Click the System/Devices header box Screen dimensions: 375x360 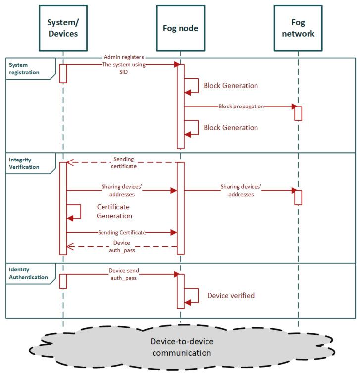(x=63, y=28)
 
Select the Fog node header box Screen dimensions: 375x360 (x=180, y=28)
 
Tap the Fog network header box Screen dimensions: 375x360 (x=298, y=28)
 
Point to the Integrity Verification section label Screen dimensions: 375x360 (x=24, y=163)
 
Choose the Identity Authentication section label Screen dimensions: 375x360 (x=28, y=274)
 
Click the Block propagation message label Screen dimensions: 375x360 (x=242, y=106)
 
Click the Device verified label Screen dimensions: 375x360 (x=231, y=295)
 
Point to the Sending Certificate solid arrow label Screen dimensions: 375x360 (x=122, y=232)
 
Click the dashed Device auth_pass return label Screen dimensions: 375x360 (x=122, y=246)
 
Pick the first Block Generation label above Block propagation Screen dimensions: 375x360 (x=231, y=85)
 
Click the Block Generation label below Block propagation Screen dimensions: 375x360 (x=231, y=127)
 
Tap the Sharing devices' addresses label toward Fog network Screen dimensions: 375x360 (x=241, y=191)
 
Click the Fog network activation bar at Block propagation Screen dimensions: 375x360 (x=298, y=113)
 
